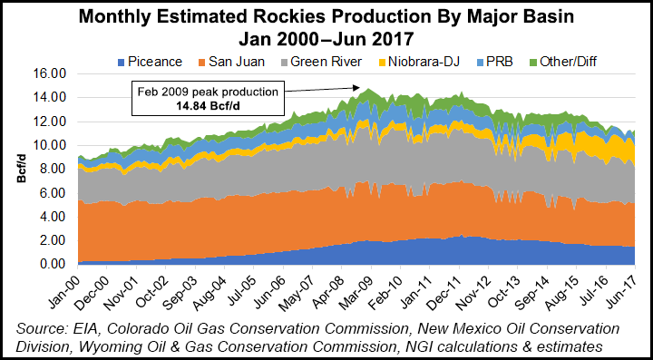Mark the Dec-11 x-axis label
coord(451,286)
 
